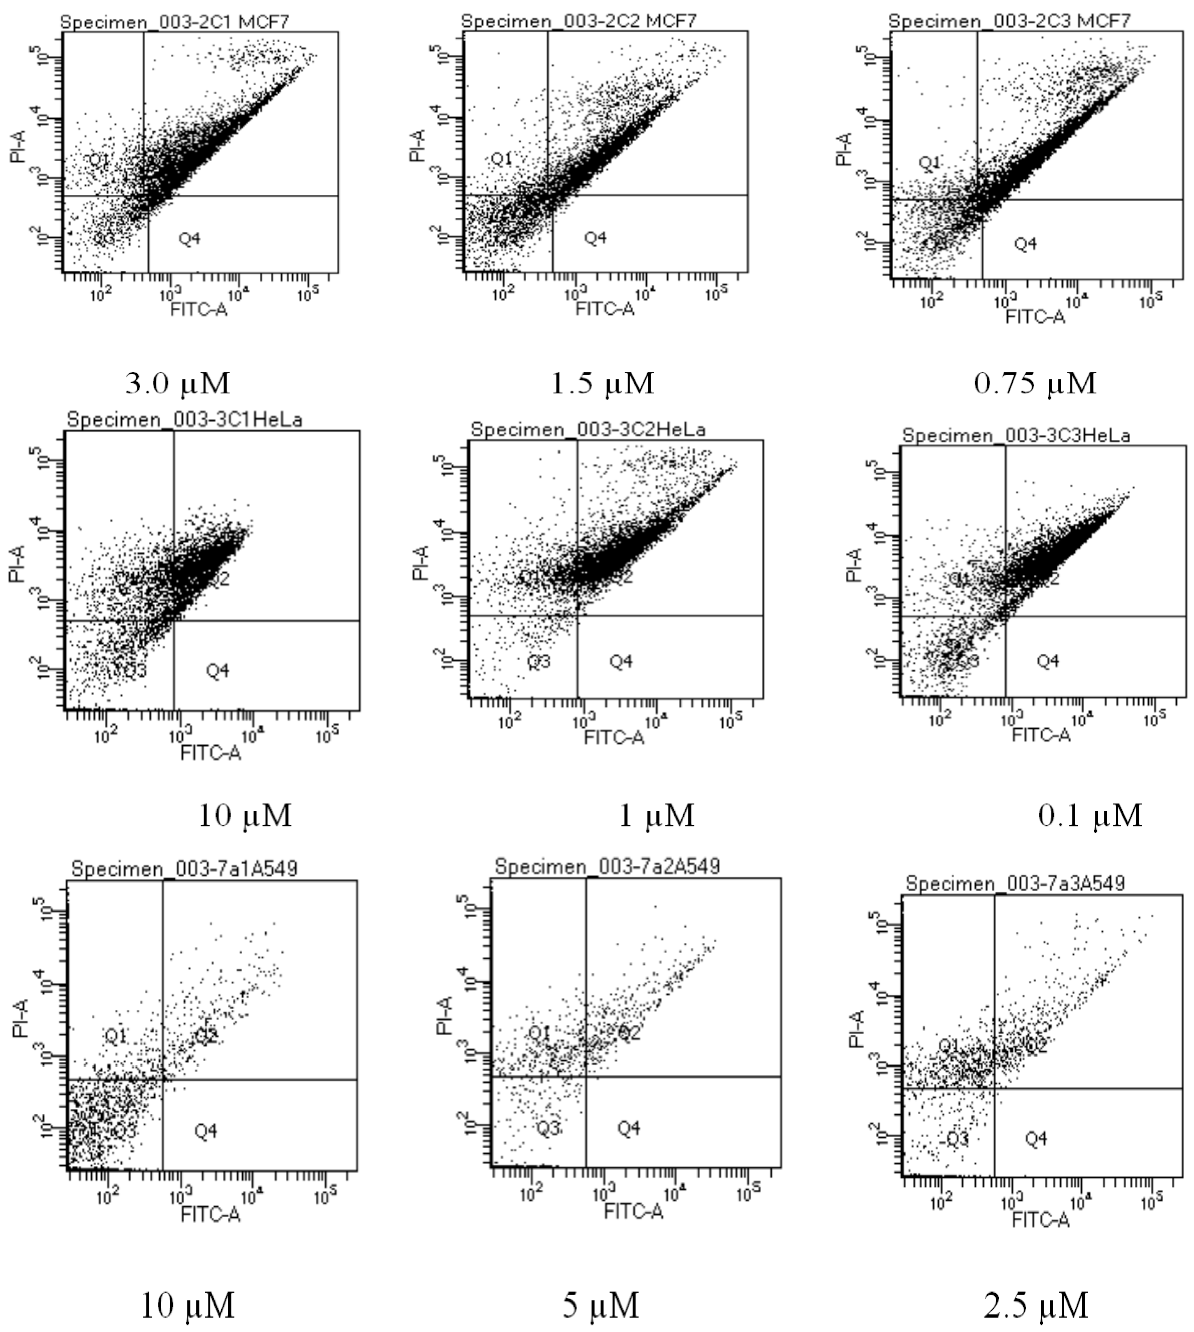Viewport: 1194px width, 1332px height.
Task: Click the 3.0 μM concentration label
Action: tap(178, 383)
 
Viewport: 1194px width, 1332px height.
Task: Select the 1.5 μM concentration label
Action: tap(602, 383)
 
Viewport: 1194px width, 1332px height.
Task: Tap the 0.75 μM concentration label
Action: tap(1035, 383)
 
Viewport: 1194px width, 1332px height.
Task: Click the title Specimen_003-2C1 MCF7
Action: tap(175, 22)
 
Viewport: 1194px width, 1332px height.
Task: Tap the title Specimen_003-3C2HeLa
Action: tap(588, 430)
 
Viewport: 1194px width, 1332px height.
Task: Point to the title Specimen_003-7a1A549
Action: tap(184, 869)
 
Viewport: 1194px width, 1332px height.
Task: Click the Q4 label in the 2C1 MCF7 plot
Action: tap(190, 239)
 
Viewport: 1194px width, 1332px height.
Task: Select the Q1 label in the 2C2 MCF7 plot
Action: tap(502, 159)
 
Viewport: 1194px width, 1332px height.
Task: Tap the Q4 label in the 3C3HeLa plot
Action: tap(1048, 661)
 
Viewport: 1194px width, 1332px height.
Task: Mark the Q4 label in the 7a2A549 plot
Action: tap(628, 1128)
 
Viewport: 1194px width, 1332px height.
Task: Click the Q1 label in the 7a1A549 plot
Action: tap(115, 1036)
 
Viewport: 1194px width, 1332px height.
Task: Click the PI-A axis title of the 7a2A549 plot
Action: tap(444, 1015)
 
